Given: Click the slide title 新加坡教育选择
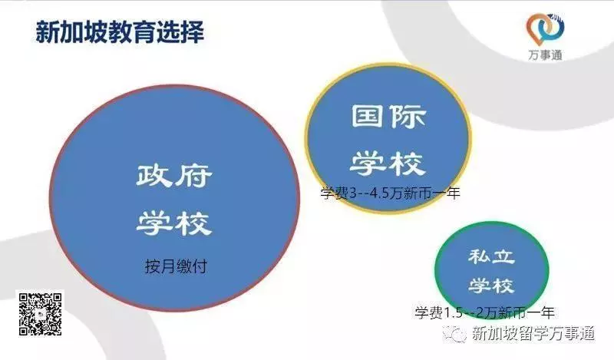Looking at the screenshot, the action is pos(120,32).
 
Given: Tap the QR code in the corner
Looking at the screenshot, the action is pos(41,313).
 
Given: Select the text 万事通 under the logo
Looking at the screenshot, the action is pos(546,55).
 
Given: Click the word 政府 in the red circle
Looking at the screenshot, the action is pos(174,176).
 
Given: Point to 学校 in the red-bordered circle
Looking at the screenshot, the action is pos(174,223).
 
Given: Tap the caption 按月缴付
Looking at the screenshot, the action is pos(176,266).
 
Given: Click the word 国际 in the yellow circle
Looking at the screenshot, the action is pos(388,116).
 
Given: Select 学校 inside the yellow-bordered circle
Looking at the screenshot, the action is pos(388,163).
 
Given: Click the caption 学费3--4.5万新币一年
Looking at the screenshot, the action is pos(390,193).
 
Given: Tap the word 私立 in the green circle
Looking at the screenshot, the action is pos(491,257).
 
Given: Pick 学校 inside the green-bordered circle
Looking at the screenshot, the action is pos(491,286).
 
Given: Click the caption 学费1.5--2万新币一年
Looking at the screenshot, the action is pos(485,312).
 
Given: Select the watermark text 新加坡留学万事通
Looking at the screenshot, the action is pos(533,334).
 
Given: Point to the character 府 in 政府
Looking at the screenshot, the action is pos(193,176).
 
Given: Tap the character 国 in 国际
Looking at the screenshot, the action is pos(367,116).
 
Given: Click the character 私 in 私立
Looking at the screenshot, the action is pos(478,257).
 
